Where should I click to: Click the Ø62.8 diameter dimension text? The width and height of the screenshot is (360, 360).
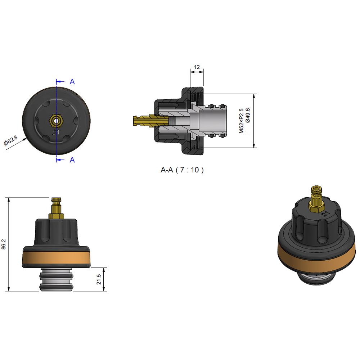(x=10, y=140)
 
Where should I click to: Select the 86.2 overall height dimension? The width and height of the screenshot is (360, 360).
(x=4, y=244)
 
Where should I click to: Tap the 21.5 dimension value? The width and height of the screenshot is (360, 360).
(x=99, y=279)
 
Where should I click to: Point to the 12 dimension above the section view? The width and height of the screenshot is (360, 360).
(x=197, y=67)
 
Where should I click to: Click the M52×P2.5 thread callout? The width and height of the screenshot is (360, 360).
(x=241, y=121)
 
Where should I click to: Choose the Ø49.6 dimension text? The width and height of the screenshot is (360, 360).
(x=248, y=115)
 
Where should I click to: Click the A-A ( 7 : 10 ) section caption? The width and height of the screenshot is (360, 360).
(x=182, y=170)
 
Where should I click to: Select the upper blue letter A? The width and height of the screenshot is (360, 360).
(x=72, y=82)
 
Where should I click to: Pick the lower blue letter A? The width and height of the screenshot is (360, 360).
(x=72, y=160)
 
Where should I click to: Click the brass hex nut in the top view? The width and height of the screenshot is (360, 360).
(x=56, y=121)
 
